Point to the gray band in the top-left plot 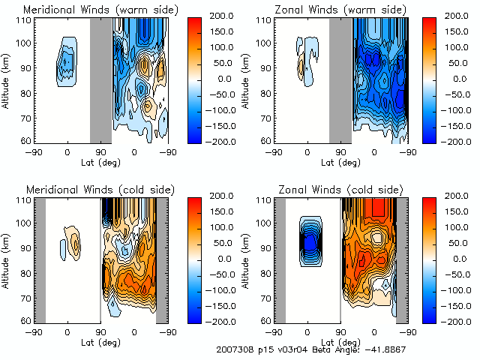[x=100, y=79]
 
